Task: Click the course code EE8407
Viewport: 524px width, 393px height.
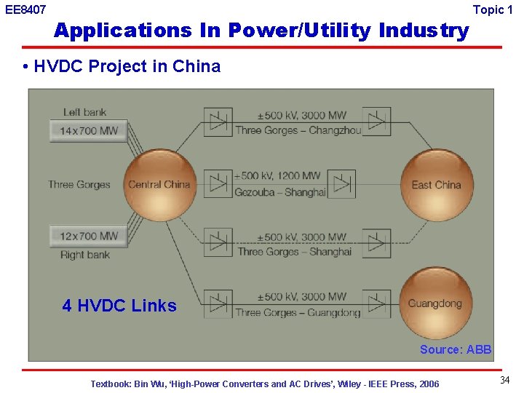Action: click(x=25, y=10)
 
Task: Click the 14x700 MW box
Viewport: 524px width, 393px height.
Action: click(x=89, y=132)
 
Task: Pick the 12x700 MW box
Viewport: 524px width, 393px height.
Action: click(x=89, y=237)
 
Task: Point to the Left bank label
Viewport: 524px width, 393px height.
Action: click(x=84, y=112)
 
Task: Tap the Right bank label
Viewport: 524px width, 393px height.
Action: click(x=84, y=255)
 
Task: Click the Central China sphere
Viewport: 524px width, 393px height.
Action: click(x=159, y=184)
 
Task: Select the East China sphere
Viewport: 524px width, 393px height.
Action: click(x=437, y=185)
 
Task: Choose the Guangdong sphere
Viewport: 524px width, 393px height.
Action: click(x=435, y=303)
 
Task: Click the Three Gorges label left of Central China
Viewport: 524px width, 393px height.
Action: click(x=79, y=184)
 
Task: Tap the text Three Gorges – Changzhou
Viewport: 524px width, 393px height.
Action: click(x=298, y=130)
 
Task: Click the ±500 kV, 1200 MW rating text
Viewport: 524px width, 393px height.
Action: click(x=277, y=176)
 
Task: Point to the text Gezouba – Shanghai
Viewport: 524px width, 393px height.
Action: click(x=279, y=192)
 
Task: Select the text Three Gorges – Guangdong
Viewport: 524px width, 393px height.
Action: click(x=298, y=312)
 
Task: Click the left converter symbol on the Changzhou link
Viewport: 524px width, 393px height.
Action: click(x=218, y=122)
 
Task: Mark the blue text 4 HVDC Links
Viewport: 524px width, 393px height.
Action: click(x=119, y=306)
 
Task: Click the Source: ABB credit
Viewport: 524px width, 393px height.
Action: click(x=456, y=349)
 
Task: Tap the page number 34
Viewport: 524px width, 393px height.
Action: click(x=504, y=381)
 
